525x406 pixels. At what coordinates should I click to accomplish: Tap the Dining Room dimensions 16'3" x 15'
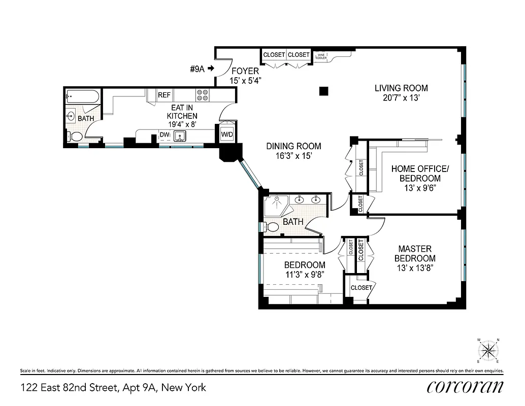[293, 157]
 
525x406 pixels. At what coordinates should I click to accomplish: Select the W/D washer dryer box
[226, 134]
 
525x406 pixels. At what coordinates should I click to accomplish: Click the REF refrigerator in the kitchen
[164, 95]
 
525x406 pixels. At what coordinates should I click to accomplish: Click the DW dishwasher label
[164, 135]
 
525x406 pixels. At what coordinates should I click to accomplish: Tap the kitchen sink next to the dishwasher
[179, 136]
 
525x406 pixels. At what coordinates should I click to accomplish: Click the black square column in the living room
[323, 91]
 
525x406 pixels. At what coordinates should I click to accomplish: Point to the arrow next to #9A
[211, 69]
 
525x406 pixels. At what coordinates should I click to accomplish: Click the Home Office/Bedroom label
[419, 174]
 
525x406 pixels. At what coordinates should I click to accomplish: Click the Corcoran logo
[465, 387]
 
